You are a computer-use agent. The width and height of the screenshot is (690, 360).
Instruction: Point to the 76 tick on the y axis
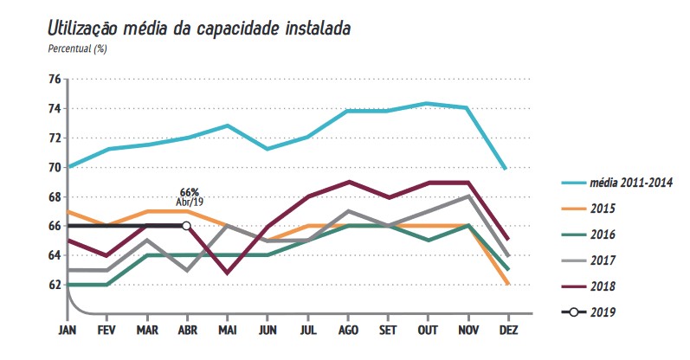click(54, 80)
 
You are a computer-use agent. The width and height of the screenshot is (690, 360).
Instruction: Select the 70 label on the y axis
click(54, 167)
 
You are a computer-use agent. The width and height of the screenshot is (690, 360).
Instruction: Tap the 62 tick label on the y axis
click(54, 285)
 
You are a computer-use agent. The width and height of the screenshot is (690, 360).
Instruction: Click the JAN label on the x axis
click(67, 331)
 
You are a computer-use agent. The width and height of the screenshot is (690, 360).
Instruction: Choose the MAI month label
click(227, 331)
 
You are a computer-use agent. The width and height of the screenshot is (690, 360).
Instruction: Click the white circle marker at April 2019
click(186, 226)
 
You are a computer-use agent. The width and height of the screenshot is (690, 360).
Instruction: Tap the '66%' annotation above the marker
click(190, 192)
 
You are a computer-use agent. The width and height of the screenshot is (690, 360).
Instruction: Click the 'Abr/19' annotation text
click(190, 202)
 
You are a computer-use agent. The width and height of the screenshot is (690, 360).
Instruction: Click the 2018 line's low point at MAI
click(227, 273)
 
